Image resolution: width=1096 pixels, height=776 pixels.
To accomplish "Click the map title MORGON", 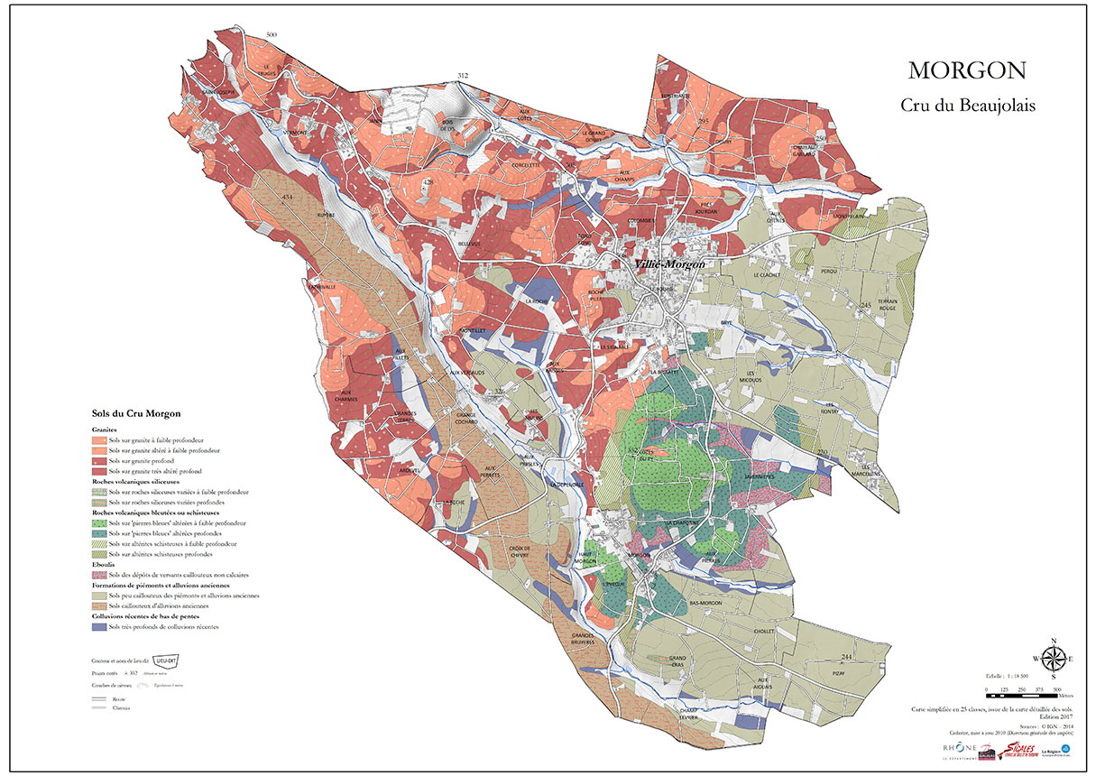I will (x=967, y=70).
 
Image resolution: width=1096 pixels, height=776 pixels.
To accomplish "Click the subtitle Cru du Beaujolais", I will (x=967, y=105).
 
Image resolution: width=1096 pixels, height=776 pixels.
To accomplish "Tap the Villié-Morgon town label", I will (x=668, y=263).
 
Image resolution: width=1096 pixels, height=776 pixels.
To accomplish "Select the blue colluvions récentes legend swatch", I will (x=99, y=626).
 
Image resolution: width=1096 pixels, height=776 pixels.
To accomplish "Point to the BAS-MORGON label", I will (x=706, y=603).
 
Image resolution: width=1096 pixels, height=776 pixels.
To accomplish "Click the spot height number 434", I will (x=288, y=197).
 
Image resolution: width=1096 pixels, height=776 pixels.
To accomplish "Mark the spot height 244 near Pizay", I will (x=846, y=656).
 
